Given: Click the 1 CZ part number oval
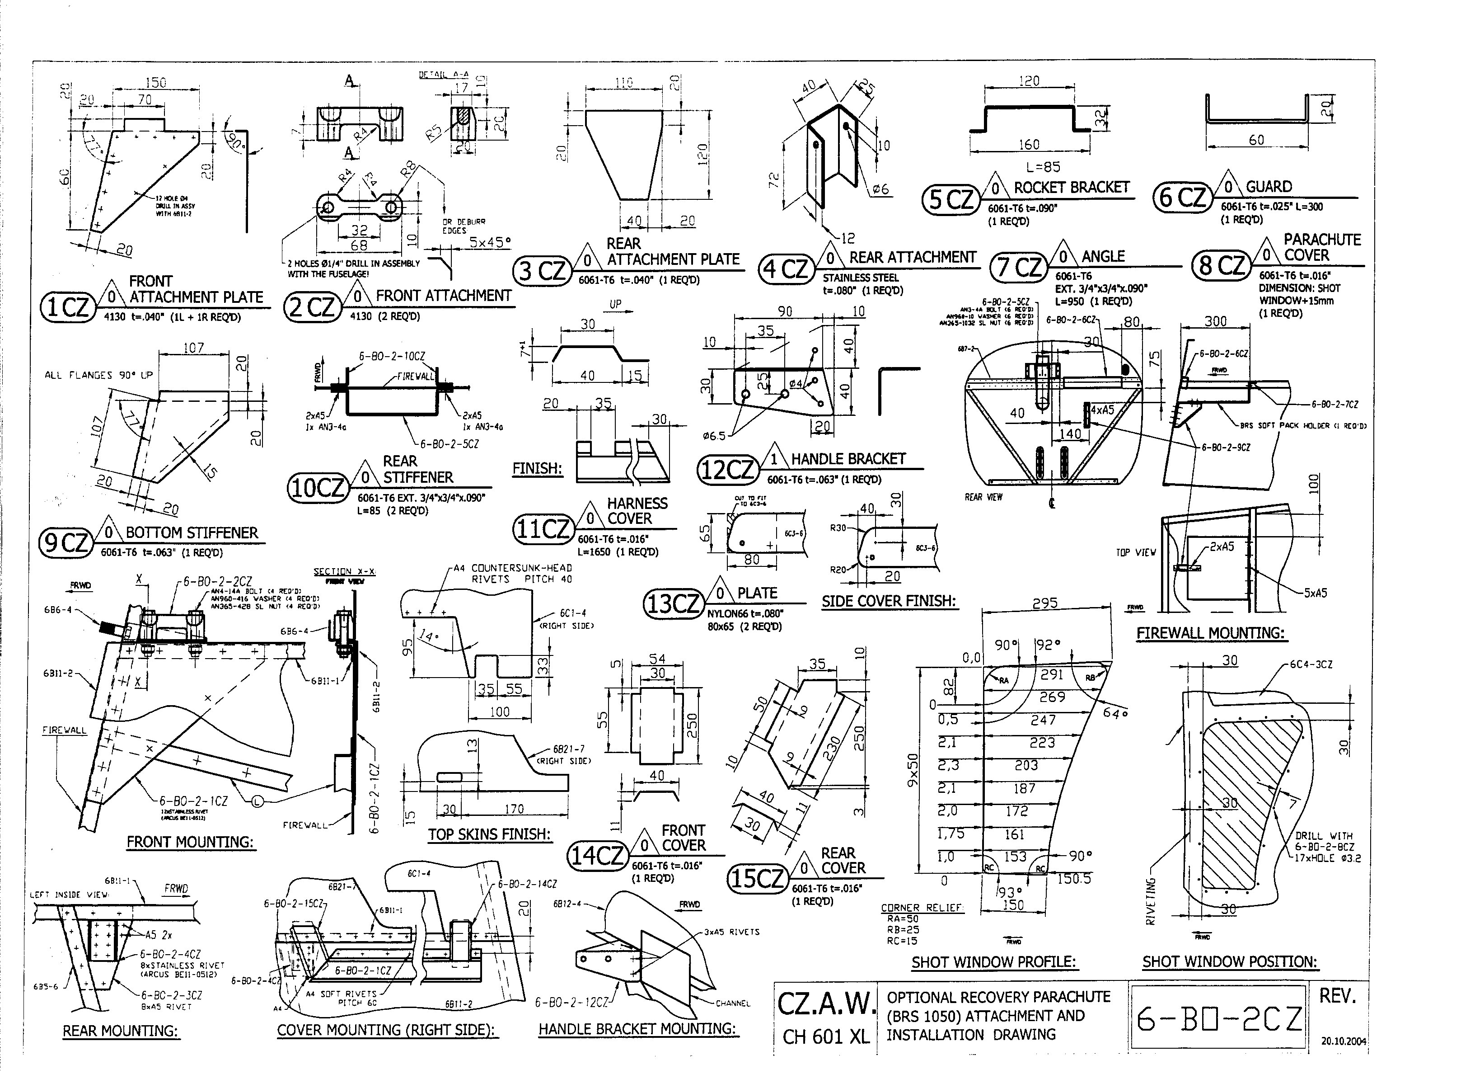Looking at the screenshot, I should pos(67,307).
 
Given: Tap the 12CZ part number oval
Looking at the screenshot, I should pos(728,469).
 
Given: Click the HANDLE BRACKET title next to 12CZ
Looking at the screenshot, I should pos(848,459).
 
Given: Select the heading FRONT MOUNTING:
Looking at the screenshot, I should pos(190,842).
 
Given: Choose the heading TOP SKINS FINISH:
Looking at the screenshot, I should pos(489,834).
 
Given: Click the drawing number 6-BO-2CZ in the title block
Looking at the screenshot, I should pos(1219,1019).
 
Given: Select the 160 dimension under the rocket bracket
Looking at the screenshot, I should pos(1029,144).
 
